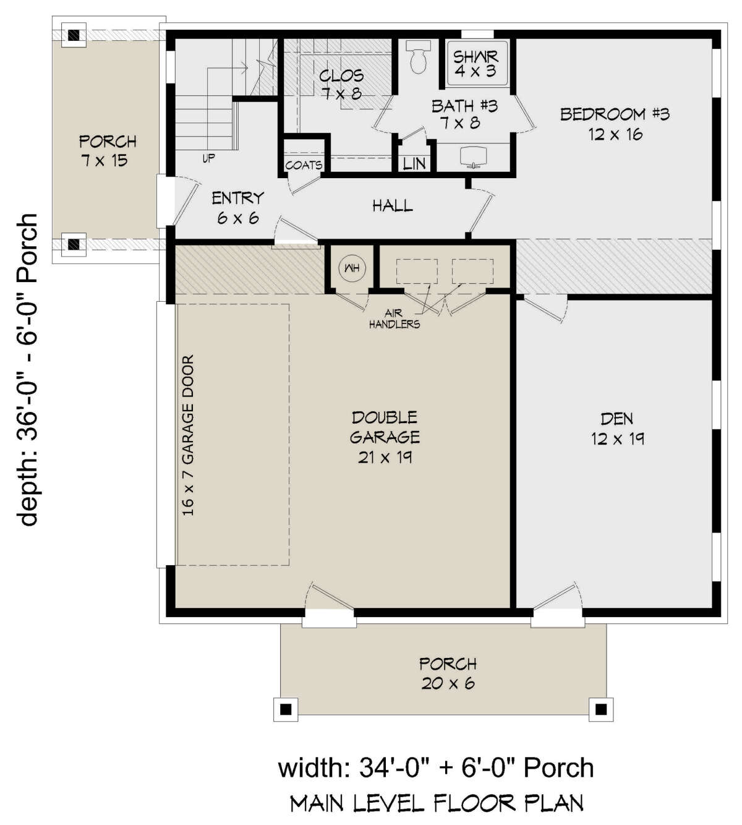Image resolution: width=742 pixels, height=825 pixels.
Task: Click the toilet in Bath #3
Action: click(418, 57)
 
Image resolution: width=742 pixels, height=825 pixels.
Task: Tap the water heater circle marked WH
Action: click(352, 268)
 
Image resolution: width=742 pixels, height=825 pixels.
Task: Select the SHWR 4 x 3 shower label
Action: click(475, 63)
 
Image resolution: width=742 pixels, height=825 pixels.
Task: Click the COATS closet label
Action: click(304, 165)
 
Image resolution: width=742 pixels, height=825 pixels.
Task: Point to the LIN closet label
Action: click(414, 164)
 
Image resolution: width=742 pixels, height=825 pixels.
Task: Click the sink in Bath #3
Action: click(474, 156)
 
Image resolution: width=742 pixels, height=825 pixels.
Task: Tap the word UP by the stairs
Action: click(208, 158)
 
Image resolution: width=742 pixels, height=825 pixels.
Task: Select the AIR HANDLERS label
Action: click(394, 318)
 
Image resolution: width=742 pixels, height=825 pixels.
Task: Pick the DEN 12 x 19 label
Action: click(617, 429)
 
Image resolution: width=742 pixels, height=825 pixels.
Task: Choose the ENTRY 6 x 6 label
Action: click(237, 208)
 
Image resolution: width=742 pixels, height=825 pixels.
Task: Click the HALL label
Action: click(393, 205)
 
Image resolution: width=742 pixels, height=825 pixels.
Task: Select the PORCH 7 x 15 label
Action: click(108, 151)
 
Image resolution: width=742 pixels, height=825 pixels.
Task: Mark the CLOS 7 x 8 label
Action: click(341, 85)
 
